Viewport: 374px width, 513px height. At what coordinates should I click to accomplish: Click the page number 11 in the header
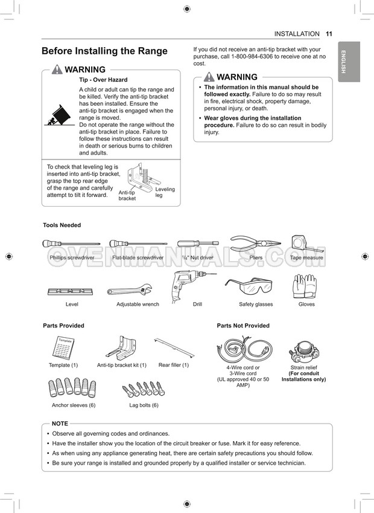329,34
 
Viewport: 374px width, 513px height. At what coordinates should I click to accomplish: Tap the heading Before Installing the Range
104,51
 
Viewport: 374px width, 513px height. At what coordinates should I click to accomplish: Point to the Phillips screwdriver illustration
71,244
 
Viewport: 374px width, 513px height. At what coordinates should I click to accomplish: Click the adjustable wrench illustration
129,290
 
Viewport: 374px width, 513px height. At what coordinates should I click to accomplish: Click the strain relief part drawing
303,349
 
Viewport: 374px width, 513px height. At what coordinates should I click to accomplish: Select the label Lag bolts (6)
144,405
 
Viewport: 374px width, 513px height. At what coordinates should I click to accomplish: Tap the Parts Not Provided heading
243,326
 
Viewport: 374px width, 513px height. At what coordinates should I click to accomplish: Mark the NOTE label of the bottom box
60,424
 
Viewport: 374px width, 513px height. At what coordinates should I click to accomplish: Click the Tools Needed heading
62,225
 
